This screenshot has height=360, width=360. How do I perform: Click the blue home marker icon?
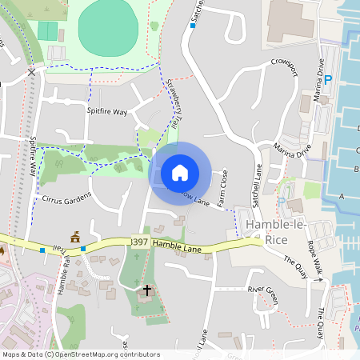point(180,172)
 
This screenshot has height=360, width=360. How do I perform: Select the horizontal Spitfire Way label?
point(107,112)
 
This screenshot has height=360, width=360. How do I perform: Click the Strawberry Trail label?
point(172,104)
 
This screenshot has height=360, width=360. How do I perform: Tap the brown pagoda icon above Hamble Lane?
point(75,237)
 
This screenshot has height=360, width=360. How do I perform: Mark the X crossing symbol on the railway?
point(31,72)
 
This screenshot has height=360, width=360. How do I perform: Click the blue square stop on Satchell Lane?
point(193,26)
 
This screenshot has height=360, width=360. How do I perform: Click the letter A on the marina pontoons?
point(342,196)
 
